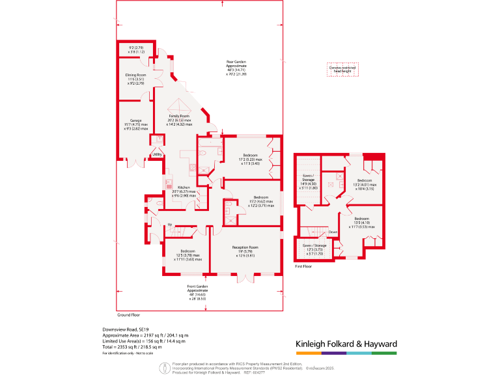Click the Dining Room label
[135, 75]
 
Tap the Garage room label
[135, 120]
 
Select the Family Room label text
[178, 116]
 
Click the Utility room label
[157, 154]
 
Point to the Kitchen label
[184, 187]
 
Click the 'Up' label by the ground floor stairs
[170, 225]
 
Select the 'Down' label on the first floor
[332, 231]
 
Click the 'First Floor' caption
[303, 267]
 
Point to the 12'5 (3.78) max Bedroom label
[188, 251]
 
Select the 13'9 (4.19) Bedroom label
[361, 219]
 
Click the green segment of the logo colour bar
[384, 353]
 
